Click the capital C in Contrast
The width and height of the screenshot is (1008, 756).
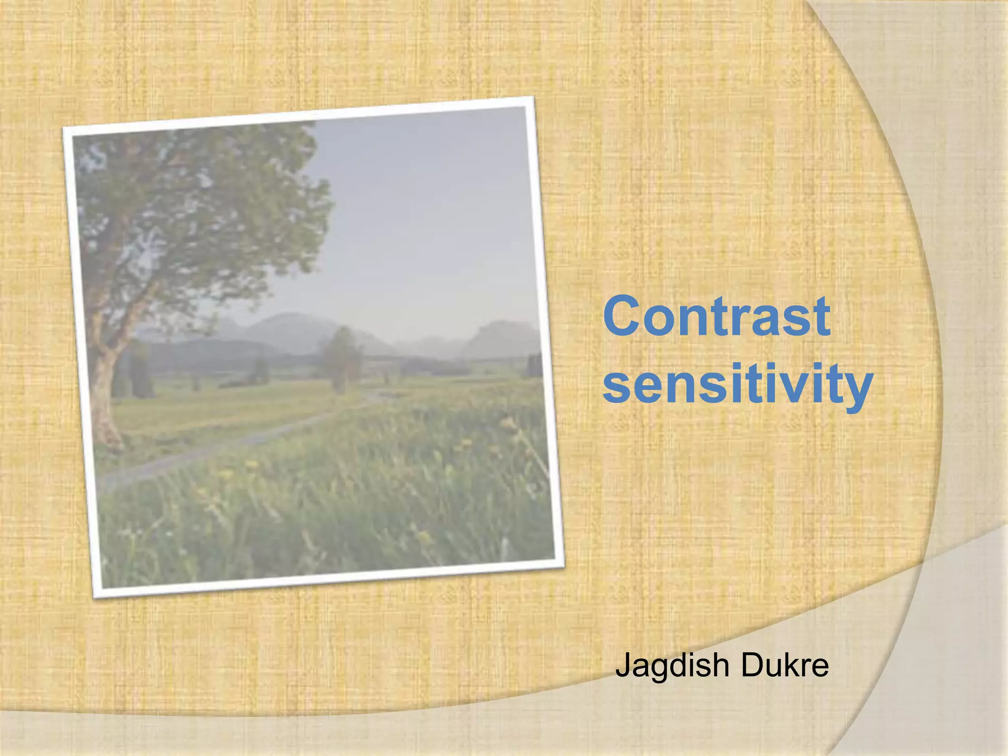(x=624, y=316)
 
